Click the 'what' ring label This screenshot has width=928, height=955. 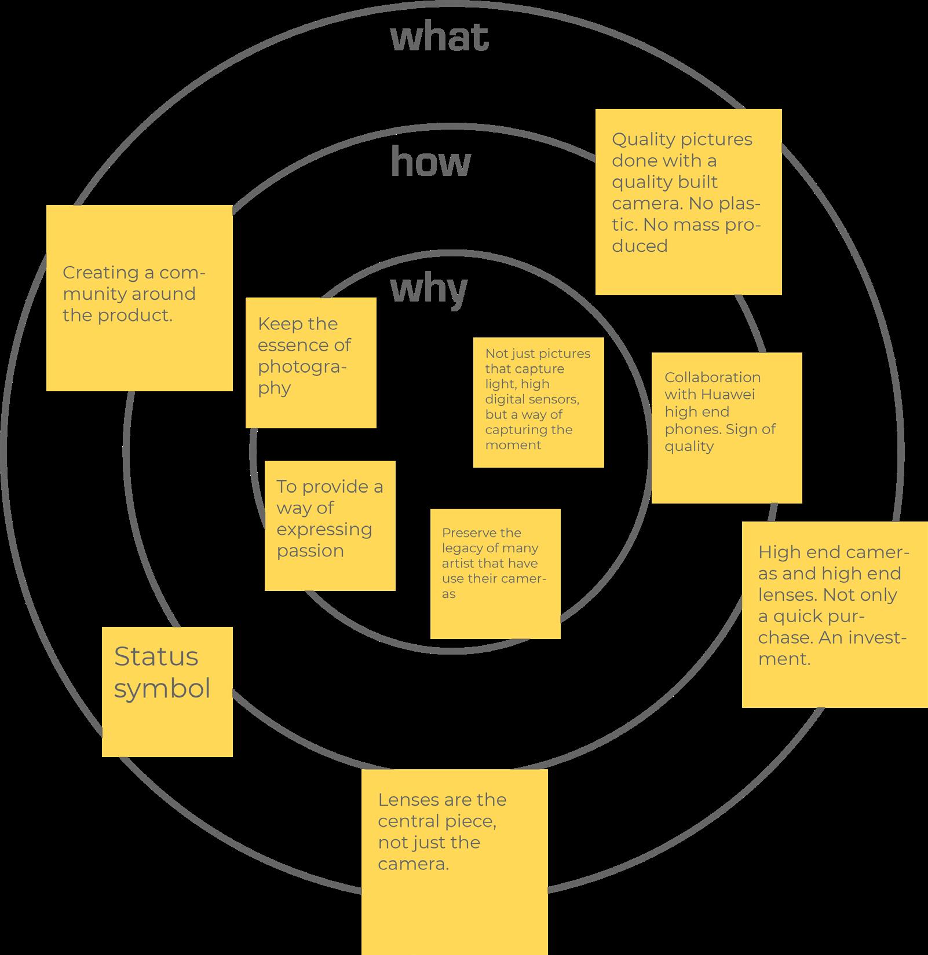click(x=440, y=38)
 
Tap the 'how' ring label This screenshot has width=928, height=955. click(x=431, y=161)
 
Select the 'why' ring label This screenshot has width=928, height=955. click(x=429, y=289)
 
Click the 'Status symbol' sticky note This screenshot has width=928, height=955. click(x=167, y=692)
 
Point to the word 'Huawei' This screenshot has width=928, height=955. click(x=726, y=395)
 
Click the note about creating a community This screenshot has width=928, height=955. click(x=139, y=297)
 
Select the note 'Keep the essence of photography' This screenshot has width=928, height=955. click(x=310, y=363)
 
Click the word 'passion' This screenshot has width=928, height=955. click(x=310, y=550)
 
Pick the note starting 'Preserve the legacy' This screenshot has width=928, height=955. click(x=495, y=574)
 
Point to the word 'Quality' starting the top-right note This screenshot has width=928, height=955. click(x=643, y=139)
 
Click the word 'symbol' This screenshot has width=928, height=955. click(x=162, y=689)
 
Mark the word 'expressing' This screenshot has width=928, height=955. click(x=324, y=529)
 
